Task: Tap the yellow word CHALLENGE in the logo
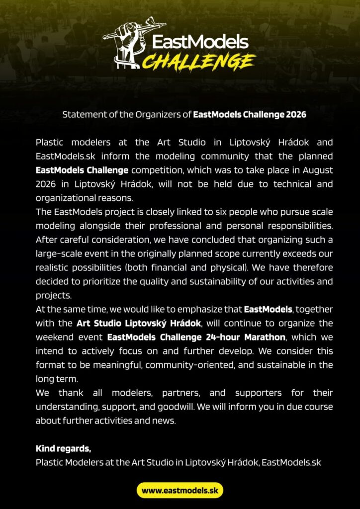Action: (x=199, y=62)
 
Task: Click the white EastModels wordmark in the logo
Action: (x=200, y=42)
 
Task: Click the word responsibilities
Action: (x=298, y=226)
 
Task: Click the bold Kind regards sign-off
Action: (x=63, y=448)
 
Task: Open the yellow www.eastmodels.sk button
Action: (x=180, y=491)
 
